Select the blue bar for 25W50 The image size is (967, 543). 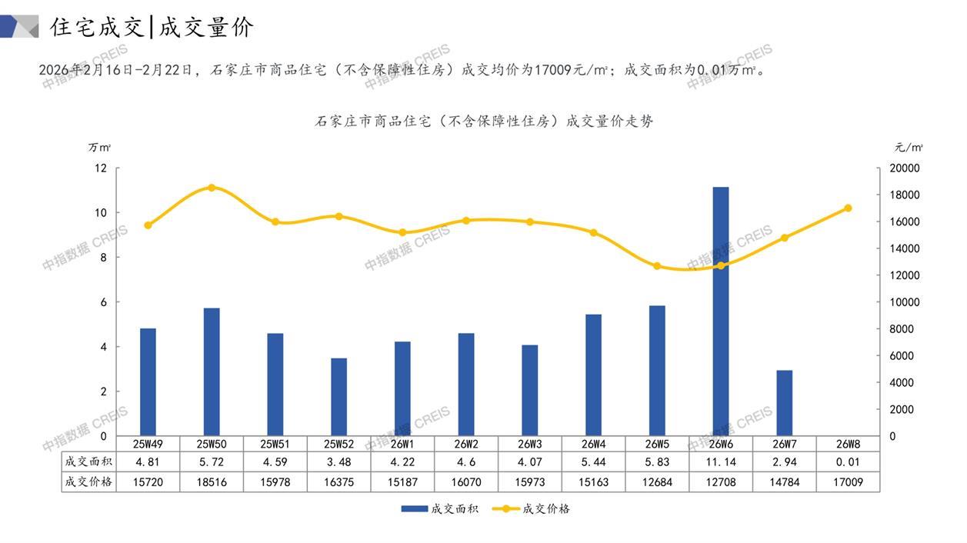(x=212, y=371)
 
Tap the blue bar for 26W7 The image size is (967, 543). (x=784, y=403)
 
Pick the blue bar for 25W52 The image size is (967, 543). (x=338, y=397)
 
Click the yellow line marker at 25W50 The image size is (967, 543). (x=212, y=188)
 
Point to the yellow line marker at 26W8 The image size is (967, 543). (x=848, y=208)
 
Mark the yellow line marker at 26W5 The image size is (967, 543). (x=657, y=266)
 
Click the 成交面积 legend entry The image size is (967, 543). (x=439, y=509)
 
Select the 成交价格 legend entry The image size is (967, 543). (x=531, y=509)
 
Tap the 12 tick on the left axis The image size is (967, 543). (x=101, y=168)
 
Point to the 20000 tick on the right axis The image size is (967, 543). (x=904, y=168)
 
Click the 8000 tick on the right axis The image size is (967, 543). (x=901, y=329)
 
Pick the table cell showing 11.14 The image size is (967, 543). (x=721, y=462)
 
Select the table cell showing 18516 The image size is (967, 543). (x=212, y=482)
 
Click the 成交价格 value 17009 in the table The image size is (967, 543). (x=848, y=482)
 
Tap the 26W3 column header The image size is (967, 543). (x=529, y=444)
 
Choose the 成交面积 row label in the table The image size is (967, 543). (x=89, y=462)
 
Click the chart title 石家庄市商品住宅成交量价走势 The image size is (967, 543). (x=485, y=122)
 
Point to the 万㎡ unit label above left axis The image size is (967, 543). (x=99, y=147)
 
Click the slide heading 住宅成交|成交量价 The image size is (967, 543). (x=152, y=28)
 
